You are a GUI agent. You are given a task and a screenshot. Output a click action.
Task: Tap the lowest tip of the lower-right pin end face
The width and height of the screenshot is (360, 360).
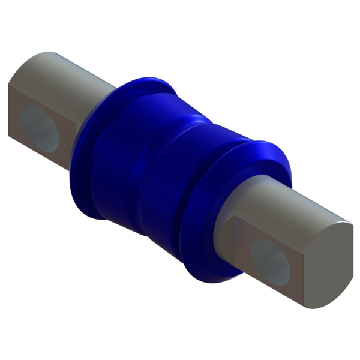[x=312, y=308]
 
